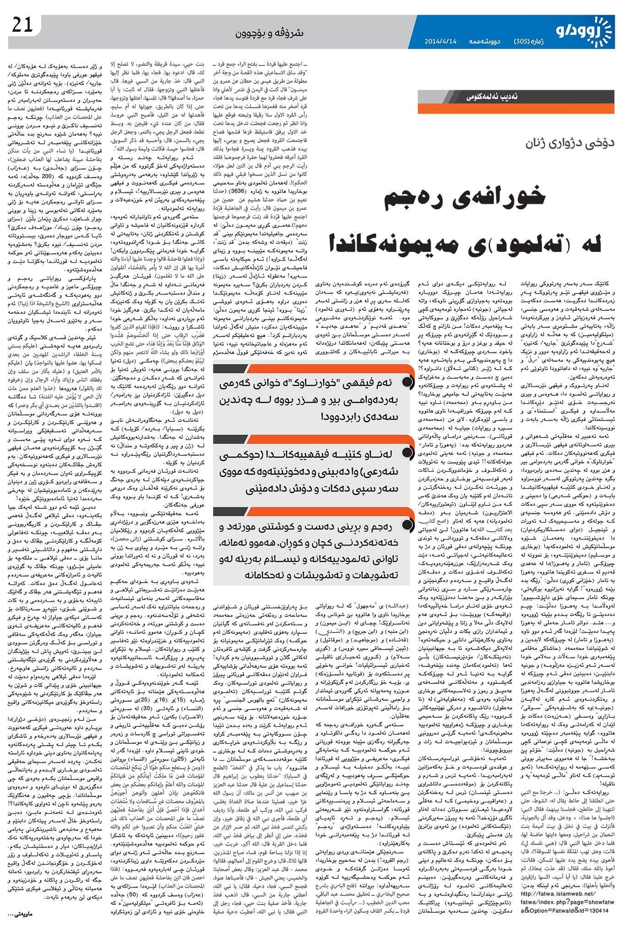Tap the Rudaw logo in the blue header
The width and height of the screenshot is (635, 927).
tap(591, 30)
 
